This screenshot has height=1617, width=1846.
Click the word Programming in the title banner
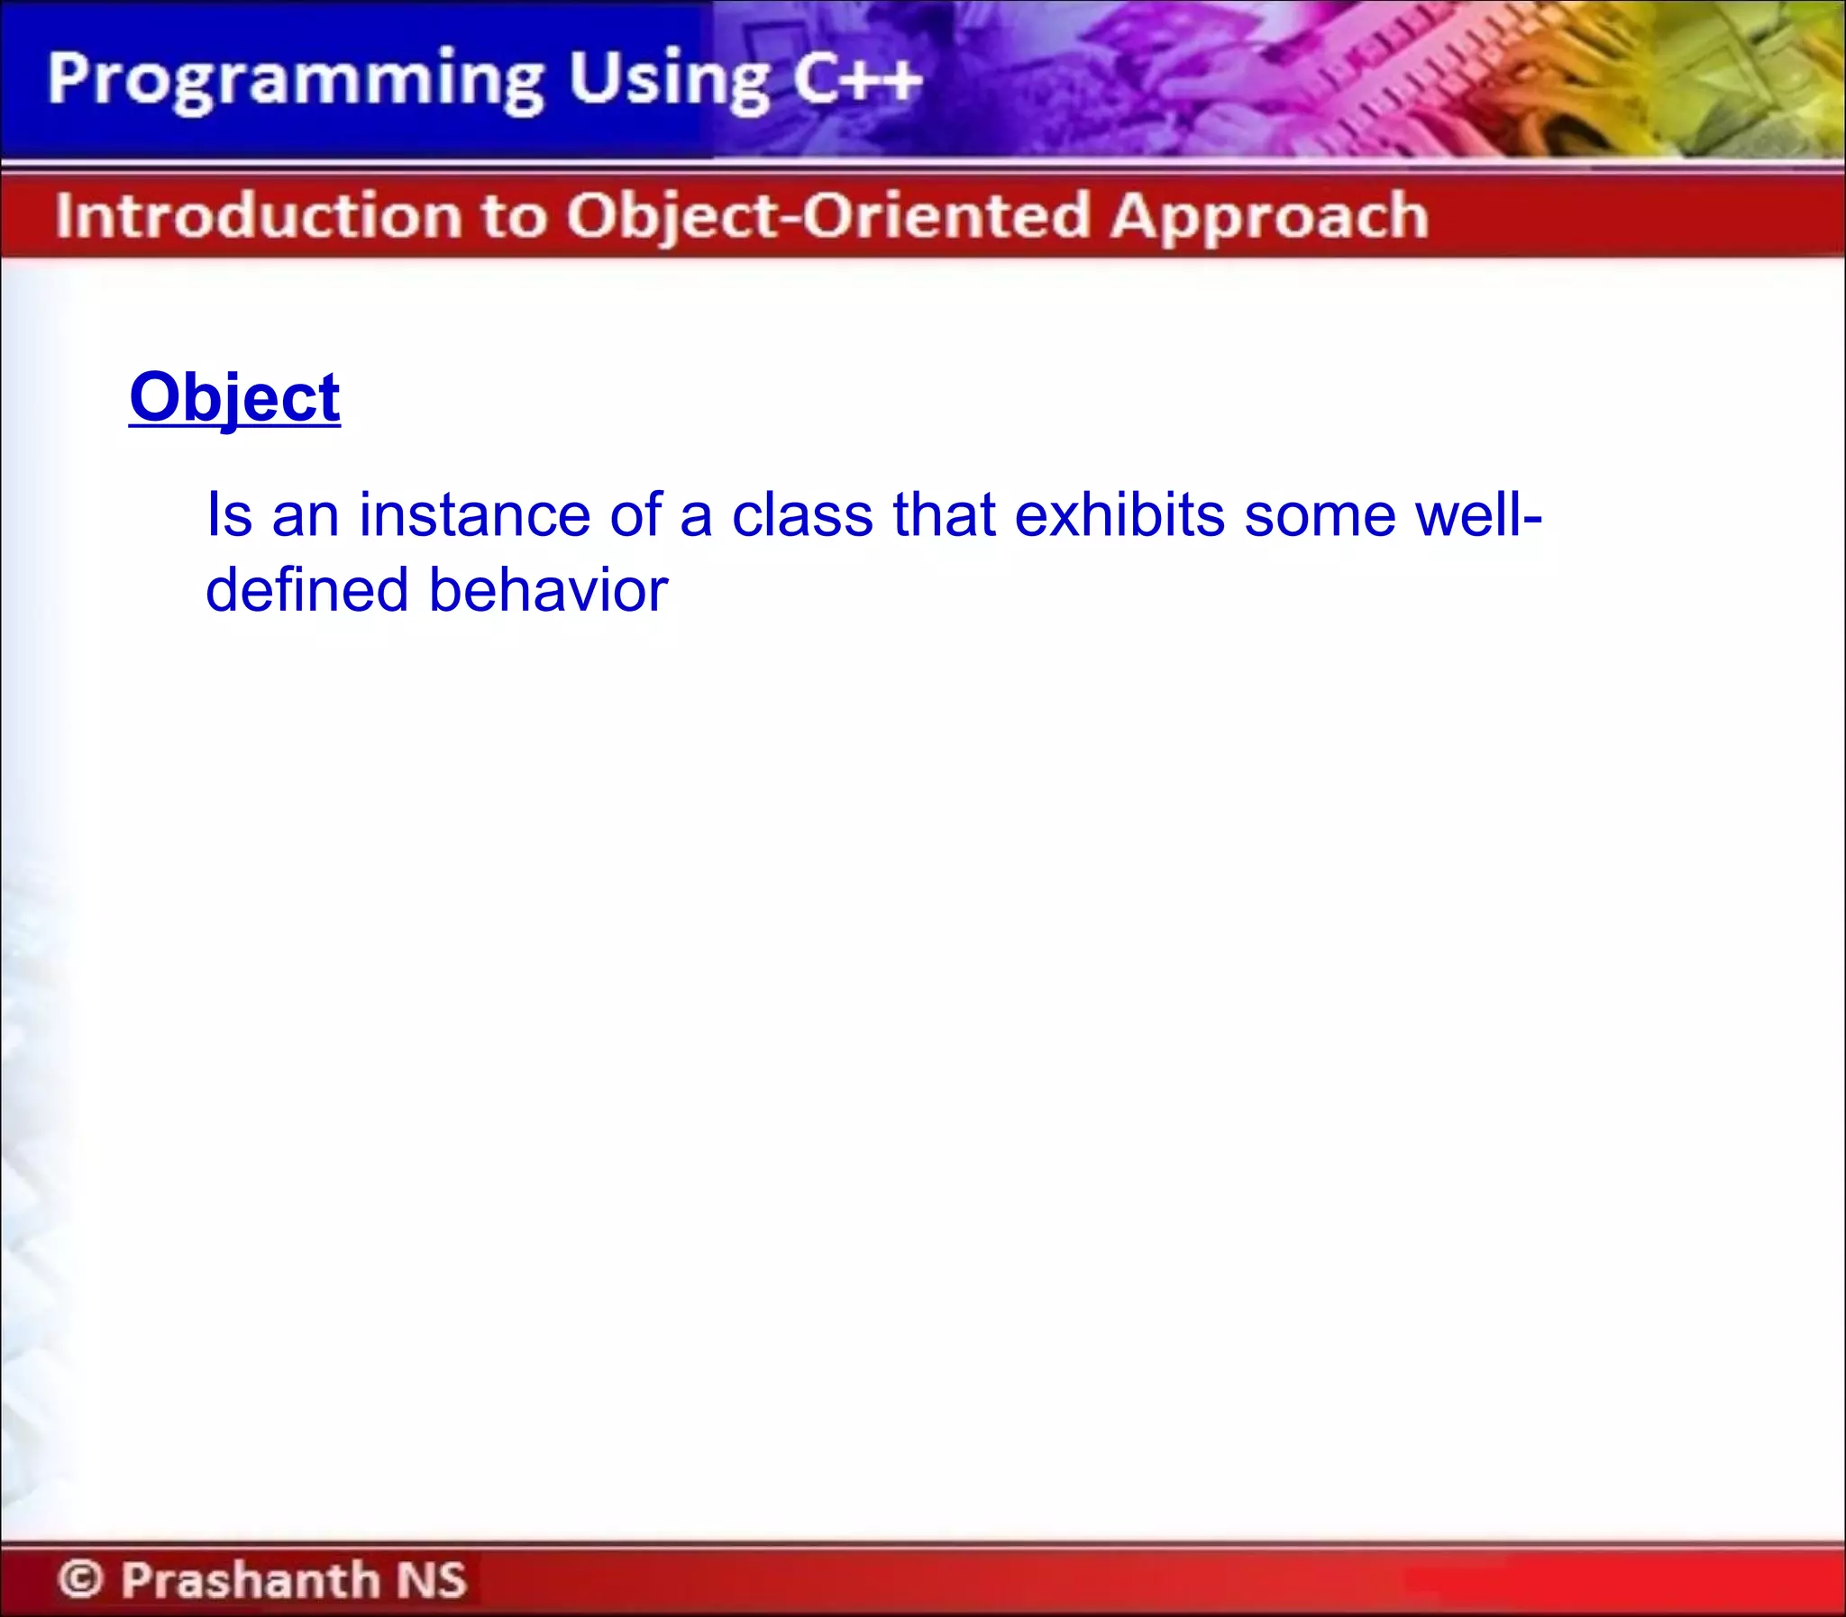tap(294, 81)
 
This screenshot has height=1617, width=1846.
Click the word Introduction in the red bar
tap(258, 216)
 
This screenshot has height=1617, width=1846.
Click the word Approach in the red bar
tap(1269, 216)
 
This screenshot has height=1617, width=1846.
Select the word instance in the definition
tap(474, 515)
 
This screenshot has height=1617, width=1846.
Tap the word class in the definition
tap(801, 515)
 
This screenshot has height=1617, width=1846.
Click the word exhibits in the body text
tap(1119, 515)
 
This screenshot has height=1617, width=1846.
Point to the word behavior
tap(548, 590)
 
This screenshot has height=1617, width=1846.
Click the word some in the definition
tap(1320, 515)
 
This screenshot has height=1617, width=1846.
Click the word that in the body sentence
tap(945, 515)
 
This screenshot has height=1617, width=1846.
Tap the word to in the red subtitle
tap(513, 216)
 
